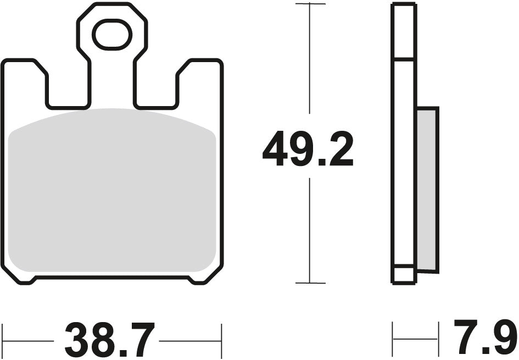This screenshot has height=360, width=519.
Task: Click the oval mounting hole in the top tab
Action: [x=112, y=35]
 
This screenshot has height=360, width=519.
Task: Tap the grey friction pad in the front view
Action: [x=112, y=192]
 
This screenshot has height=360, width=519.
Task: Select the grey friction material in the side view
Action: [x=427, y=190]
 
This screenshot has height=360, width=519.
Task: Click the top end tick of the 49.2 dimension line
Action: [x=310, y=4]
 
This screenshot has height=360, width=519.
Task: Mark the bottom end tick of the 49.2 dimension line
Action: [x=310, y=283]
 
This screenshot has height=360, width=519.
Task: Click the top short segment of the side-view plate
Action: [x=403, y=31]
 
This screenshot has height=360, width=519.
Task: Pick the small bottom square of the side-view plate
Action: [x=403, y=274]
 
